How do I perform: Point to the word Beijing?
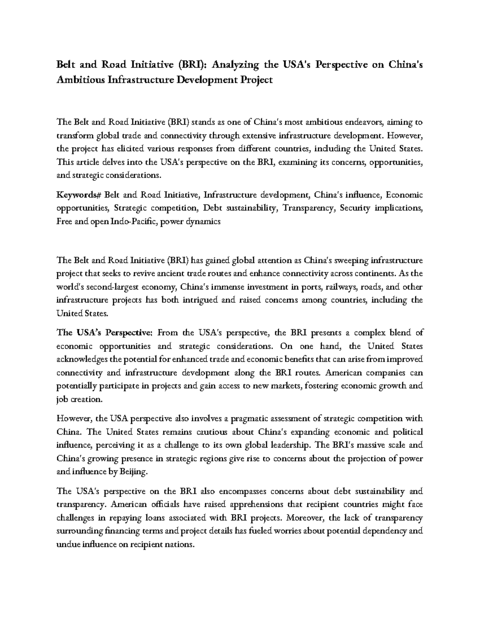134,471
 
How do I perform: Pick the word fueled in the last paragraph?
288,531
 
